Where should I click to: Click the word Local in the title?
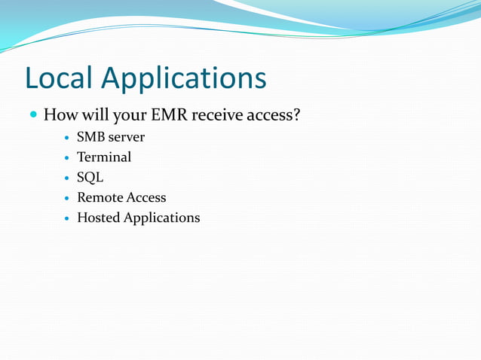tap(59, 78)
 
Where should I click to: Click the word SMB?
tap(90, 137)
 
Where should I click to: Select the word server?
tap(126, 138)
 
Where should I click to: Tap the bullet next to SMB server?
tap(67, 138)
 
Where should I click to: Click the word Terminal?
tap(104, 157)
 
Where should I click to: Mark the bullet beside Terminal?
tap(67, 158)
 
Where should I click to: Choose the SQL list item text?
tap(90, 178)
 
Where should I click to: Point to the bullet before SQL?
tap(67, 178)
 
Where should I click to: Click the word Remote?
tap(100, 197)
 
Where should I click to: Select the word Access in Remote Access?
tap(146, 197)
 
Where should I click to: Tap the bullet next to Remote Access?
tap(67, 198)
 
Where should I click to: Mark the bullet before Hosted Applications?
tap(67, 218)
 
